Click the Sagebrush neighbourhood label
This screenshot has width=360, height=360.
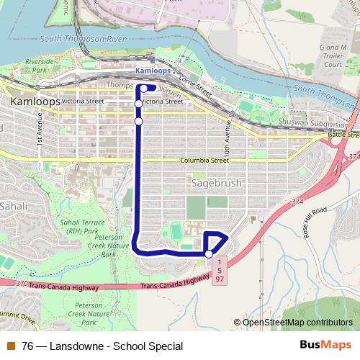217,184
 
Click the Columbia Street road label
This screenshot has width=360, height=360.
204,161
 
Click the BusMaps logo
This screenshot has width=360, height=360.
325,346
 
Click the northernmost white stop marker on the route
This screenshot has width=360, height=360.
143,89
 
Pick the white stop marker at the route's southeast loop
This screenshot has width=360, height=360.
209,253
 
